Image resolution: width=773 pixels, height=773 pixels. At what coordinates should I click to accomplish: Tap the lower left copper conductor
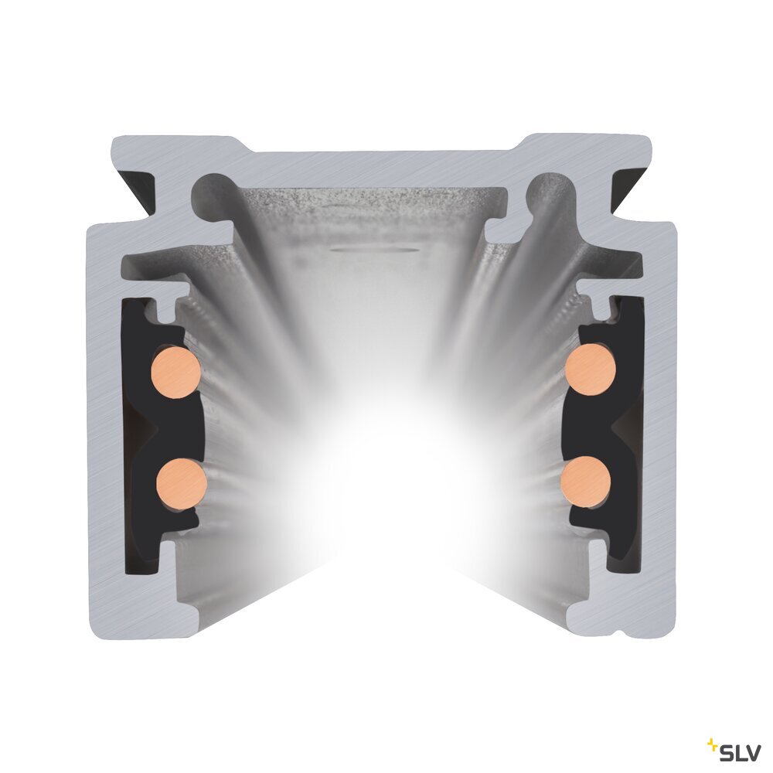(182, 483)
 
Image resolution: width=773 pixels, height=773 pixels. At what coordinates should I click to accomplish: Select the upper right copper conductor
(591, 369)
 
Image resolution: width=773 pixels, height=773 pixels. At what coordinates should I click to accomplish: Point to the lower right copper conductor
(586, 482)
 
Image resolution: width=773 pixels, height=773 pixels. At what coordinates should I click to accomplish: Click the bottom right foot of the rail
(618, 611)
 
